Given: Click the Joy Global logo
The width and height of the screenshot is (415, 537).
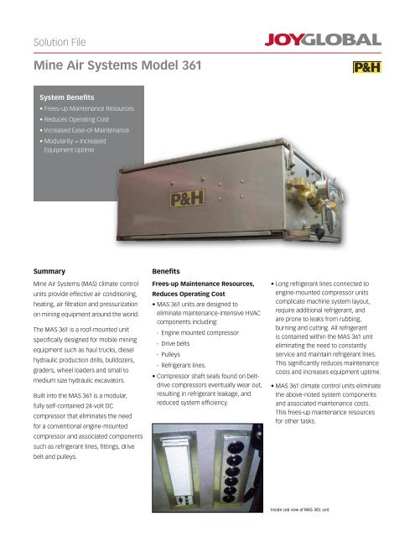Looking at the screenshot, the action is pyautogui.click(x=323, y=39).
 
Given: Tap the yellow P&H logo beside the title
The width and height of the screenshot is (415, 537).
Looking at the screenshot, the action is pyautogui.click(x=367, y=67).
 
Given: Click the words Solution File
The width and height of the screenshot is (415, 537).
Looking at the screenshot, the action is pyautogui.click(x=60, y=42).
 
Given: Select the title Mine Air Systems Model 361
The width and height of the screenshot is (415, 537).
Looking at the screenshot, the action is pyautogui.click(x=117, y=65).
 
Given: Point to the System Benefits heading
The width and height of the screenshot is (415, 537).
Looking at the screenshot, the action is pyautogui.click(x=67, y=97).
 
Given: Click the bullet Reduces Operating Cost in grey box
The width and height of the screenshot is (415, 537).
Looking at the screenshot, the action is pyautogui.click(x=76, y=119).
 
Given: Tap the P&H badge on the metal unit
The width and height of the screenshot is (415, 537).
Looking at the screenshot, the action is pyautogui.click(x=187, y=198).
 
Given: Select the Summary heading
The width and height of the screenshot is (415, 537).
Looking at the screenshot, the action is pyautogui.click(x=49, y=271).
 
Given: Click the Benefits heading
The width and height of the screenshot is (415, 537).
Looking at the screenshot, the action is pyautogui.click(x=166, y=271).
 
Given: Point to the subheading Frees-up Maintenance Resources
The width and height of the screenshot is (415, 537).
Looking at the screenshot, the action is pyautogui.click(x=203, y=284).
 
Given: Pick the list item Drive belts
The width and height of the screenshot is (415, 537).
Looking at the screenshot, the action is pyautogui.click(x=175, y=343).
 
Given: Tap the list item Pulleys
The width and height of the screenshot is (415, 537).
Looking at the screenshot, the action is pyautogui.click(x=170, y=354).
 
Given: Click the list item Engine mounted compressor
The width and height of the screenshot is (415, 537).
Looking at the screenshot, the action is pyautogui.click(x=200, y=332).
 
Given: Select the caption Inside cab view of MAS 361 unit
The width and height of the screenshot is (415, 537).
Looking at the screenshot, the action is pyautogui.click(x=299, y=509).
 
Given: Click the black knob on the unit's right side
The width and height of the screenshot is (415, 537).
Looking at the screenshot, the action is pyautogui.click(x=318, y=232).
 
